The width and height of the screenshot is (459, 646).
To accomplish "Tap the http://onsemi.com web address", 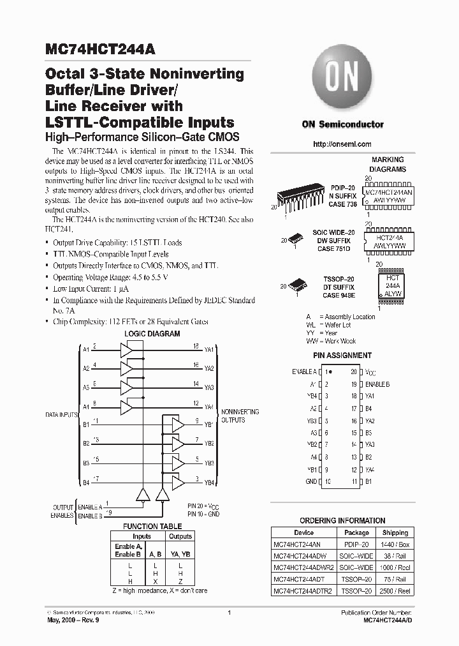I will click(x=342, y=144).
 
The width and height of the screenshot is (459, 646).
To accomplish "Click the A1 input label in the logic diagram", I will click(x=85, y=349).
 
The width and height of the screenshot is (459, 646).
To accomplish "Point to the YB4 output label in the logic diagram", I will click(x=208, y=481).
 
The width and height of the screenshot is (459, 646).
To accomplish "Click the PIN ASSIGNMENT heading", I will click(x=342, y=356).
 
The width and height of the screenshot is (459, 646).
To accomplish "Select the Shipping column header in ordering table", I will click(x=395, y=532).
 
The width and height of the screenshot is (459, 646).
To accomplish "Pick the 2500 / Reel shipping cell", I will click(x=395, y=591).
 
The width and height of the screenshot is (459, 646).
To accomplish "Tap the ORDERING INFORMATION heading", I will click(x=342, y=521).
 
